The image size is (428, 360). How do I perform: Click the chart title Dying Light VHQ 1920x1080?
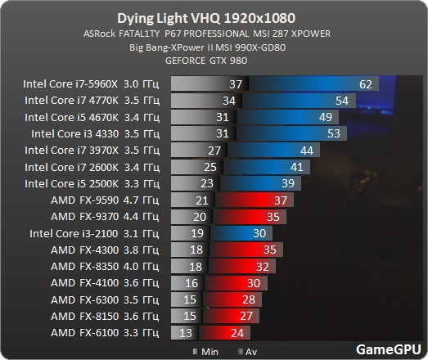(214, 17)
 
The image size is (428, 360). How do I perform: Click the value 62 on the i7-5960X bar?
(365, 84)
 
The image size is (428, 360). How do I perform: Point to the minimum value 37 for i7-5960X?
(236, 84)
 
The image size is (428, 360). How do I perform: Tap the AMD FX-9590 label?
(88, 200)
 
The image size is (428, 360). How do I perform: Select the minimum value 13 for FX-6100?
(187, 333)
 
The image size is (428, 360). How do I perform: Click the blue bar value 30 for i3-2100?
(259, 234)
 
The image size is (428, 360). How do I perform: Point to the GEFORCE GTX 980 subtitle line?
(214, 61)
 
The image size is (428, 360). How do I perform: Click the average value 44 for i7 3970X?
(307, 151)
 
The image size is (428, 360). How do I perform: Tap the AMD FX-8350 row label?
(88, 267)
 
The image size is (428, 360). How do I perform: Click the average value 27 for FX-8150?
(246, 317)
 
